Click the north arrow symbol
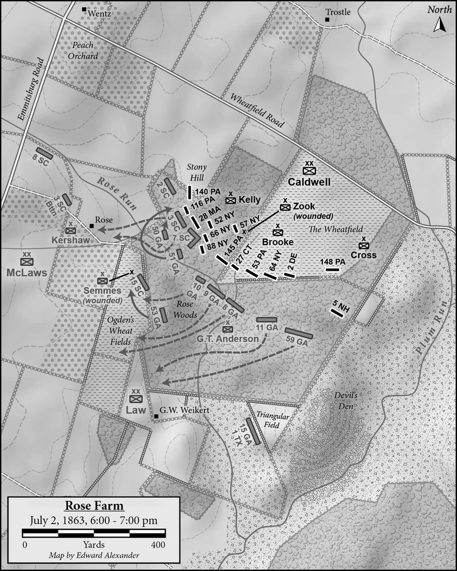(440, 25)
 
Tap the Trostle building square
(327, 20)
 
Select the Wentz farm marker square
(84, 10)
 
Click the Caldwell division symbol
(309, 170)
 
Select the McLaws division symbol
(26, 261)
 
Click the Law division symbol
(136, 398)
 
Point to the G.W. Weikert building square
(156, 416)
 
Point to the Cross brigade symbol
(363, 246)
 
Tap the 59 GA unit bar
(299, 332)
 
